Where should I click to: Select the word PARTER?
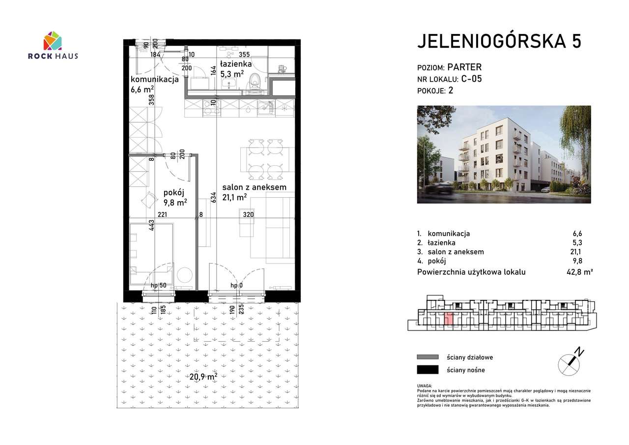coord(465,67)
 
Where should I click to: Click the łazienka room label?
coord(236,64)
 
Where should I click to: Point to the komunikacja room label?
coord(154,80)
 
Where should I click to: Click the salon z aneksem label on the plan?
coord(254,187)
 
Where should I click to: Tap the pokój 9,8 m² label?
coord(174,197)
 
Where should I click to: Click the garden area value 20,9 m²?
coord(203,377)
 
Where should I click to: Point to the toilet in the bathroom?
coord(254,81)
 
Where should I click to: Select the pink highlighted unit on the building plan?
coord(449,319)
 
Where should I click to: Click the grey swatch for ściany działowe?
coord(427,357)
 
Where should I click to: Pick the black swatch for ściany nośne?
coord(427,370)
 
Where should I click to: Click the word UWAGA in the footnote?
coord(425,386)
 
